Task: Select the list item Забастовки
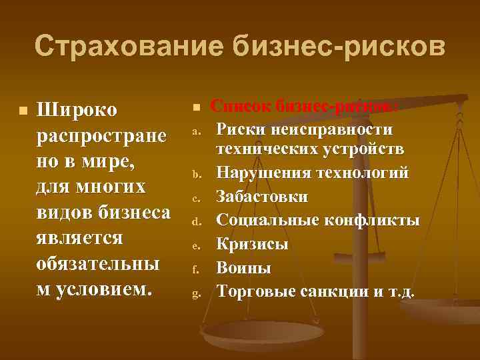[263, 197]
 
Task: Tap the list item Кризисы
[253, 244]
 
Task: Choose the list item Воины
[244, 268]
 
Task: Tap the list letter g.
[197, 292]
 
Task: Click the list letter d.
[197, 221]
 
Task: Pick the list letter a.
[197, 131]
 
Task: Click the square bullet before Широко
[23, 109]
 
